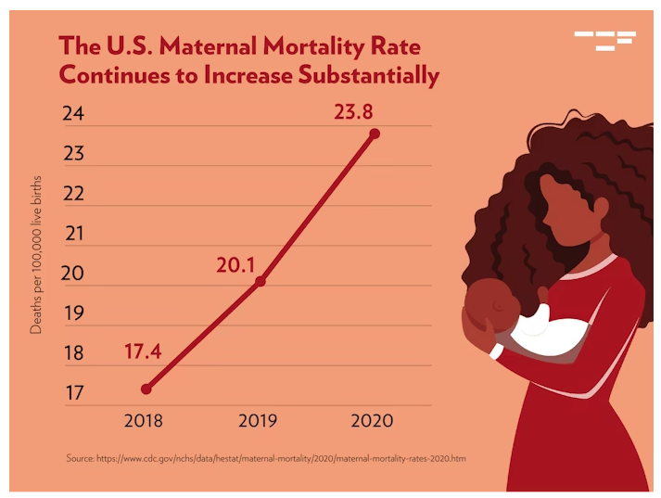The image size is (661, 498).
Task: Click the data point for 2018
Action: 146,389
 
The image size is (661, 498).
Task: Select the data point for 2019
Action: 261,281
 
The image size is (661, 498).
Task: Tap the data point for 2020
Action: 375,134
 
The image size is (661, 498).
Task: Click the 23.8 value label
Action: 353,112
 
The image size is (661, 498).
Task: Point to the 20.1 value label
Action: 235,265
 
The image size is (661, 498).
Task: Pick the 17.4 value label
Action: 143,351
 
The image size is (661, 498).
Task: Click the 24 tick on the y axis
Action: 73,113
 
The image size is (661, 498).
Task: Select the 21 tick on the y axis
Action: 74,233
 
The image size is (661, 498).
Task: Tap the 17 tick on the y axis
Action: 74,392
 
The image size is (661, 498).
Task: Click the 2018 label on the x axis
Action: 144,420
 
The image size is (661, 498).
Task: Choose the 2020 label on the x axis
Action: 372,420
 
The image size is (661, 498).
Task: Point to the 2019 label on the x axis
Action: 258,420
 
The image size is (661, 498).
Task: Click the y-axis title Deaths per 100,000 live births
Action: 36,255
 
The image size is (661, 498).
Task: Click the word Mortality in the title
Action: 313,46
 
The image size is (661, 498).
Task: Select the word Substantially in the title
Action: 368,75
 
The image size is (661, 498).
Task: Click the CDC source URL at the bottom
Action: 281,458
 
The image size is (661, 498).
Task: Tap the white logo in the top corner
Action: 605,41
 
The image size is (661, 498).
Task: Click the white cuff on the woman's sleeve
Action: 496,351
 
